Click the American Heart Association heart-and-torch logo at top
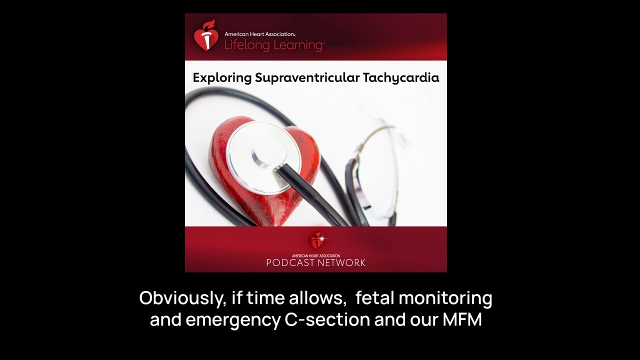coord(206,35)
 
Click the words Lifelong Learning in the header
coord(274,45)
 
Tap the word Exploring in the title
coord(222,78)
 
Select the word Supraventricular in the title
coord(307,78)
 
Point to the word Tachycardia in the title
coord(401,78)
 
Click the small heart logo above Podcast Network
coord(316,241)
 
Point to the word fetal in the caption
coord(374,298)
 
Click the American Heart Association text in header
coord(259,34)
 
